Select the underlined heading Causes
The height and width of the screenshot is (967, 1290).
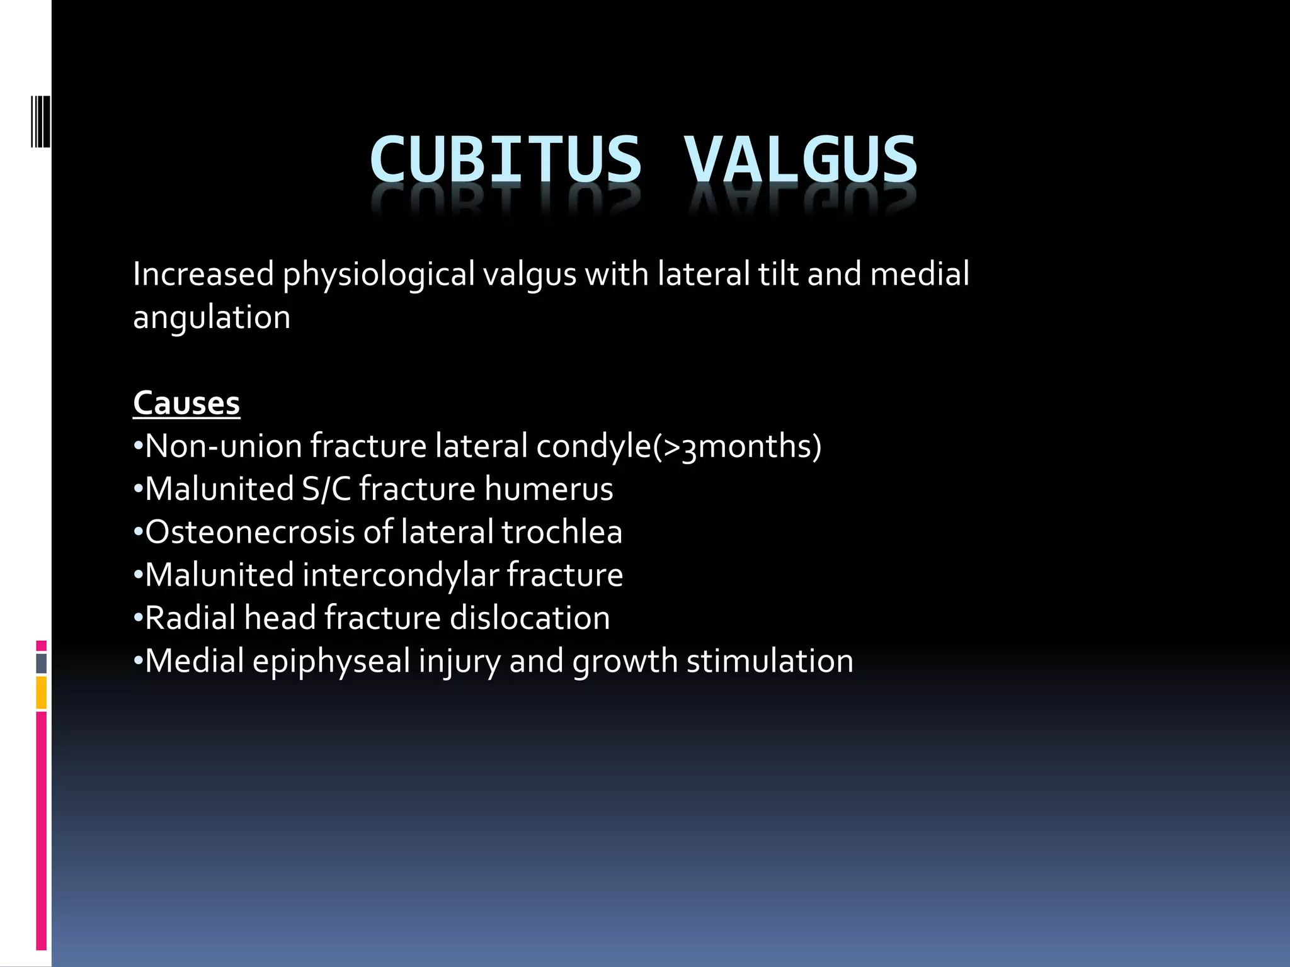(x=186, y=403)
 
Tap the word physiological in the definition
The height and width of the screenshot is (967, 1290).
(x=379, y=275)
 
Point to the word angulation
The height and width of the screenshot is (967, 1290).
(x=212, y=317)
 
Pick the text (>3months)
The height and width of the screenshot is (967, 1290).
(x=737, y=447)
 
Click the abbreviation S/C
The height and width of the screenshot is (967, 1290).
(x=326, y=489)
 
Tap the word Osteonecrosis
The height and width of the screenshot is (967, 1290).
(x=250, y=532)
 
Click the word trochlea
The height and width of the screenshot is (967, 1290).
(x=562, y=532)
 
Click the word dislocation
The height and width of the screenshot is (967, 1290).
(x=530, y=618)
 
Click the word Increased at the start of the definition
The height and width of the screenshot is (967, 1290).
(x=203, y=275)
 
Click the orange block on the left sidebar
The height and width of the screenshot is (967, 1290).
(x=41, y=693)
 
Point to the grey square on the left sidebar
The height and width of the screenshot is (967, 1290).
(x=41, y=664)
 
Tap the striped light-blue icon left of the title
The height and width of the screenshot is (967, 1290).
(x=40, y=121)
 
